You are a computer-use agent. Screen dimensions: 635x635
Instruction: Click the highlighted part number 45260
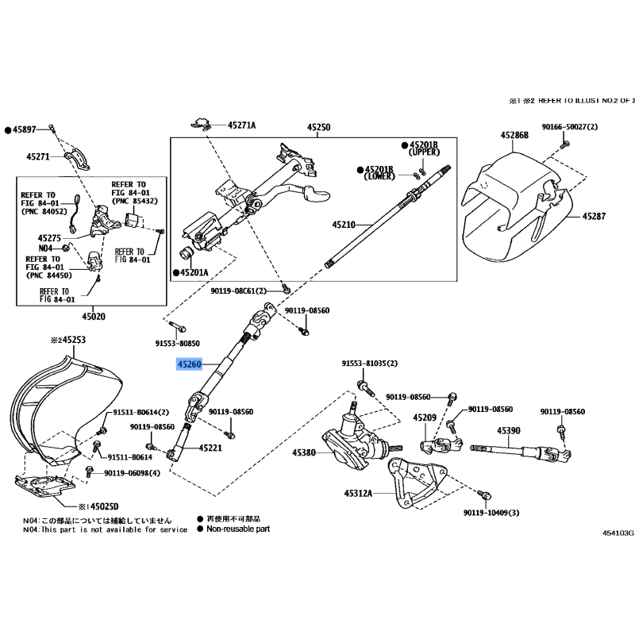coord(190,365)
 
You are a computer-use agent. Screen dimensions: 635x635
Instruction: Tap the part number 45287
coord(594,216)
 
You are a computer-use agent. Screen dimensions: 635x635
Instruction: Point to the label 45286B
coord(514,135)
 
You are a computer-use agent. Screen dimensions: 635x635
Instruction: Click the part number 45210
coord(345,225)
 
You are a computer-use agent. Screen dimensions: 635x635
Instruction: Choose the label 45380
coord(304,453)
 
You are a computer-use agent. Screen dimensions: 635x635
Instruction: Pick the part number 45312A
coord(358,493)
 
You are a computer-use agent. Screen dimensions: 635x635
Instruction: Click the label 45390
coord(509,430)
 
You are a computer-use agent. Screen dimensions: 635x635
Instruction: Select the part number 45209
coord(425,418)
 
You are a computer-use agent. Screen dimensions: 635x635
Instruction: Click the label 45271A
coord(242,125)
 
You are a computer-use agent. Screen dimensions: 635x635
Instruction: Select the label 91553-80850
coord(177,344)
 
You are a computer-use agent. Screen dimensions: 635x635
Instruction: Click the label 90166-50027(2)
coord(570,127)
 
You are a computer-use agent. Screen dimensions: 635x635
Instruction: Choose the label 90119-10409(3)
coord(492,513)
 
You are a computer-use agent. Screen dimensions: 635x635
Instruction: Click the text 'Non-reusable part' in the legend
coord(238,528)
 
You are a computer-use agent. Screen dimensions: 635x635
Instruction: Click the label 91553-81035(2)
coord(370,364)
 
